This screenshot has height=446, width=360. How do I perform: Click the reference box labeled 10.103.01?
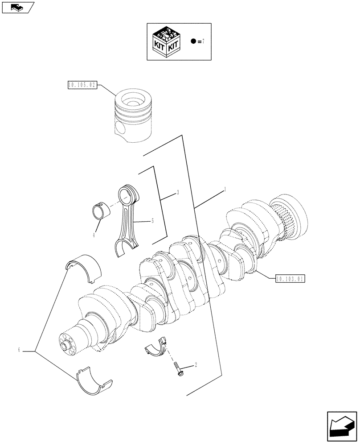(x=290, y=279)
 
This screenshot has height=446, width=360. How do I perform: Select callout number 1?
(x=225, y=190)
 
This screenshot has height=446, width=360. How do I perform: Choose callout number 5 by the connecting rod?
(x=152, y=221)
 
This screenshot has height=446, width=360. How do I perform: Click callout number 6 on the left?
(x=19, y=350)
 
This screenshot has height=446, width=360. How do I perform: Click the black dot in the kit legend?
(x=193, y=41)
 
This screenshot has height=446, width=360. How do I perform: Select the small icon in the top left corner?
(x=17, y=7)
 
